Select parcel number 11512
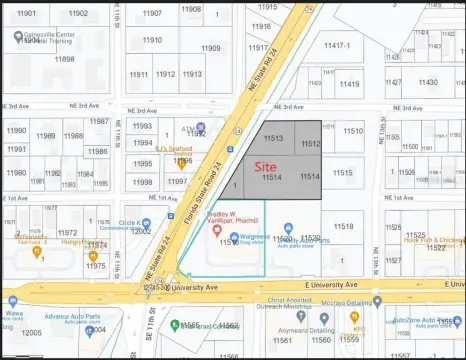click(309, 145)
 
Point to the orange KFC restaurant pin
click(354, 317)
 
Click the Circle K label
click(128, 223)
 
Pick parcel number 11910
click(152, 41)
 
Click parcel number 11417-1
click(337, 46)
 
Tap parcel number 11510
click(353, 131)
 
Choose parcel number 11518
click(343, 227)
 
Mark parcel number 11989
click(46, 136)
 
